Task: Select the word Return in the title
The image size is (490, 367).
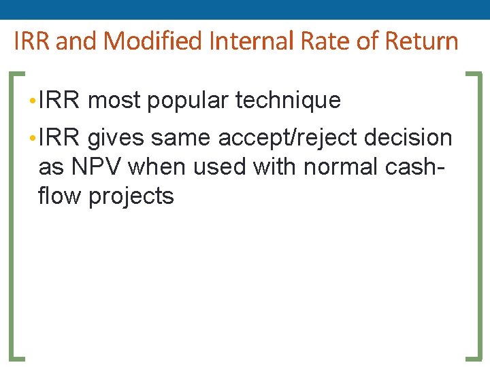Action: click(x=423, y=41)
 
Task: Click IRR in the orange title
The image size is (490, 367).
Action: click(x=32, y=41)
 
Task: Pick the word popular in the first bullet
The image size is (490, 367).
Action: click(x=187, y=101)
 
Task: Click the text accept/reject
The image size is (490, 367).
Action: click(x=288, y=138)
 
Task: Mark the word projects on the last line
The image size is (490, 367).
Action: click(x=131, y=196)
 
